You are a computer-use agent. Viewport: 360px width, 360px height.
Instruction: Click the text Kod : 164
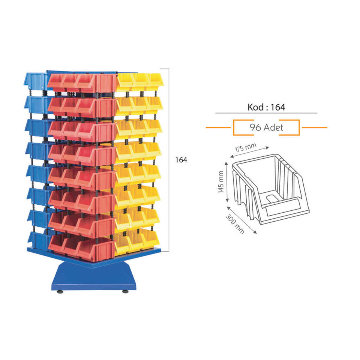click(x=266, y=107)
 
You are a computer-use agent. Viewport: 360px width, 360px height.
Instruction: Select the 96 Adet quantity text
click(x=266, y=127)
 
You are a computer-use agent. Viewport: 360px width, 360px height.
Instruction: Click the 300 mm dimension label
click(x=235, y=223)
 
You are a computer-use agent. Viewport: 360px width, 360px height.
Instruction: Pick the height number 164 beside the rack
click(x=181, y=160)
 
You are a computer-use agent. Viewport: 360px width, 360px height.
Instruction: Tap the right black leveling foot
click(x=124, y=291)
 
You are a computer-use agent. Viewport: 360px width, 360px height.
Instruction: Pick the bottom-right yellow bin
click(x=152, y=240)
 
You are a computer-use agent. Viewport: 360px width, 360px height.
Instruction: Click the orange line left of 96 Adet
click(x=218, y=127)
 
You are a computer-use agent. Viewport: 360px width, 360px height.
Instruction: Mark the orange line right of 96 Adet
click(x=314, y=127)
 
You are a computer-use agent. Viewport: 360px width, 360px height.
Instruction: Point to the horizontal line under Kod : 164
click(x=266, y=113)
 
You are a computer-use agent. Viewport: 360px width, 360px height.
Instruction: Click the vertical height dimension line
click(x=169, y=160)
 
